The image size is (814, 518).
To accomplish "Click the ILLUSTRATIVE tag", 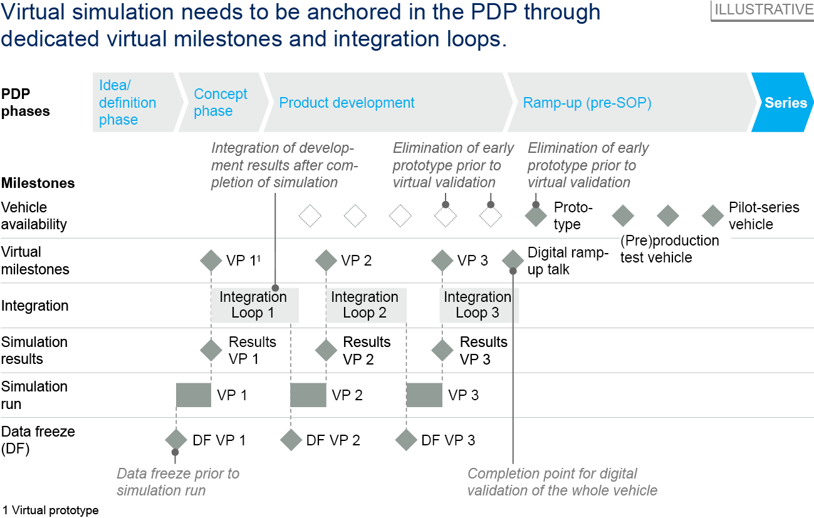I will click(763, 10).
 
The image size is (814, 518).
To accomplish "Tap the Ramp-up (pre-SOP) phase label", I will click(587, 103).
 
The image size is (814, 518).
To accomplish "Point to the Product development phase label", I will click(347, 103).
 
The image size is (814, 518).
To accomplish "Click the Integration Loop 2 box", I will click(365, 305).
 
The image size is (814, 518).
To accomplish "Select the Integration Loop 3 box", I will click(477, 305).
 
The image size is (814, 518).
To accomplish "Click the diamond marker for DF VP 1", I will click(176, 440).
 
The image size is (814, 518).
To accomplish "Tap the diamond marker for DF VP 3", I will click(407, 440).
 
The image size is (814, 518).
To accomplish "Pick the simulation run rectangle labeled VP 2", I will click(308, 395).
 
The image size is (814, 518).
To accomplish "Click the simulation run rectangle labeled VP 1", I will click(194, 395).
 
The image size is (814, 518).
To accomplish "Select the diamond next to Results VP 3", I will click(442, 350).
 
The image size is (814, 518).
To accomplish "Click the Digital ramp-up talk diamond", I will click(513, 260).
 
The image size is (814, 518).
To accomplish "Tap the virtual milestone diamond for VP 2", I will click(326, 260).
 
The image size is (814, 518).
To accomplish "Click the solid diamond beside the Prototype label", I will click(536, 216).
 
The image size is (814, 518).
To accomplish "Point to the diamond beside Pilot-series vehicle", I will click(713, 216).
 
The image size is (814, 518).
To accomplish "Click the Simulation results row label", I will click(34, 350).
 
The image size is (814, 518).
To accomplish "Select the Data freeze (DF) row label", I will click(38, 440).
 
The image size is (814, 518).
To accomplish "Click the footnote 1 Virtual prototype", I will click(51, 510).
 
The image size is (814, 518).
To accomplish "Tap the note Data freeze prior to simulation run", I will click(178, 482).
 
